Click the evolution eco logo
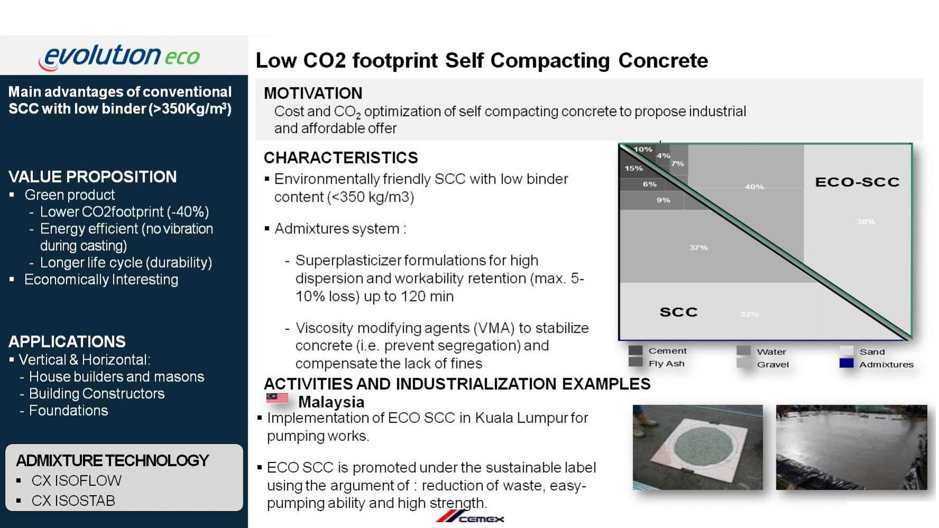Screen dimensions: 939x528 coord(119,56)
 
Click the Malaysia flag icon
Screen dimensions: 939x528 coord(277,398)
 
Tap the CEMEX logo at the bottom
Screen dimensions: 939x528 coord(470,517)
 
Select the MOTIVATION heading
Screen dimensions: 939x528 coord(313,93)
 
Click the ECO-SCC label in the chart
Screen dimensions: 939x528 coord(857,182)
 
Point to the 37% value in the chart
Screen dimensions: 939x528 coord(699,247)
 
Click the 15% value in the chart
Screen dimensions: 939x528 coord(634,168)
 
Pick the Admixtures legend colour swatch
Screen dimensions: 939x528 coord(847,363)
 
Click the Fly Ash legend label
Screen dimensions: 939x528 coord(666,364)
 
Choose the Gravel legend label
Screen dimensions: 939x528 coord(773,364)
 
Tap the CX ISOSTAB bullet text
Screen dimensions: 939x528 coord(73,501)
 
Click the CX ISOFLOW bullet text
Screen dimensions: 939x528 coord(77,480)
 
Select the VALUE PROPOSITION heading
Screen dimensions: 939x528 coord(92,177)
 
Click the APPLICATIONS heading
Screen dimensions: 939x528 coord(67,342)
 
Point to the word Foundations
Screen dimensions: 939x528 coord(69,410)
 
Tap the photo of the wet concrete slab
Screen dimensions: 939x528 coord(851,447)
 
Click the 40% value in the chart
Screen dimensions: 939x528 coord(754,187)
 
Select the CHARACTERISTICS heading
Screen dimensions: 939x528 coord(341,158)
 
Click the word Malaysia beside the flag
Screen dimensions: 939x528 coord(331,402)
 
